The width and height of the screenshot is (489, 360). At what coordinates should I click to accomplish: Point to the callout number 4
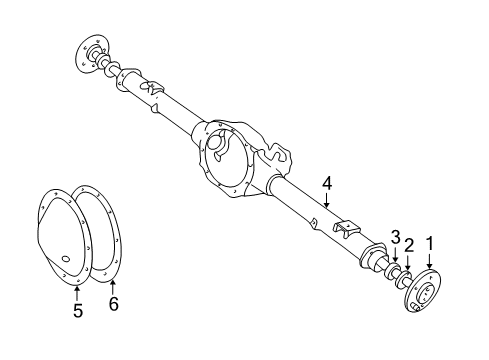[326, 182]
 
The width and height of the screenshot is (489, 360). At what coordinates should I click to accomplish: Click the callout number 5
[78, 311]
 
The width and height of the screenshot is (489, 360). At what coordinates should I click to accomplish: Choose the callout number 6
[112, 304]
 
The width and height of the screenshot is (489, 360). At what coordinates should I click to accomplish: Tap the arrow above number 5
[78, 290]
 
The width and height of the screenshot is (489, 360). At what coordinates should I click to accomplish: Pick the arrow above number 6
[112, 284]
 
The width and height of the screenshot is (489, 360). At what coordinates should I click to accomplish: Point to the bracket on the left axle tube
[156, 89]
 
